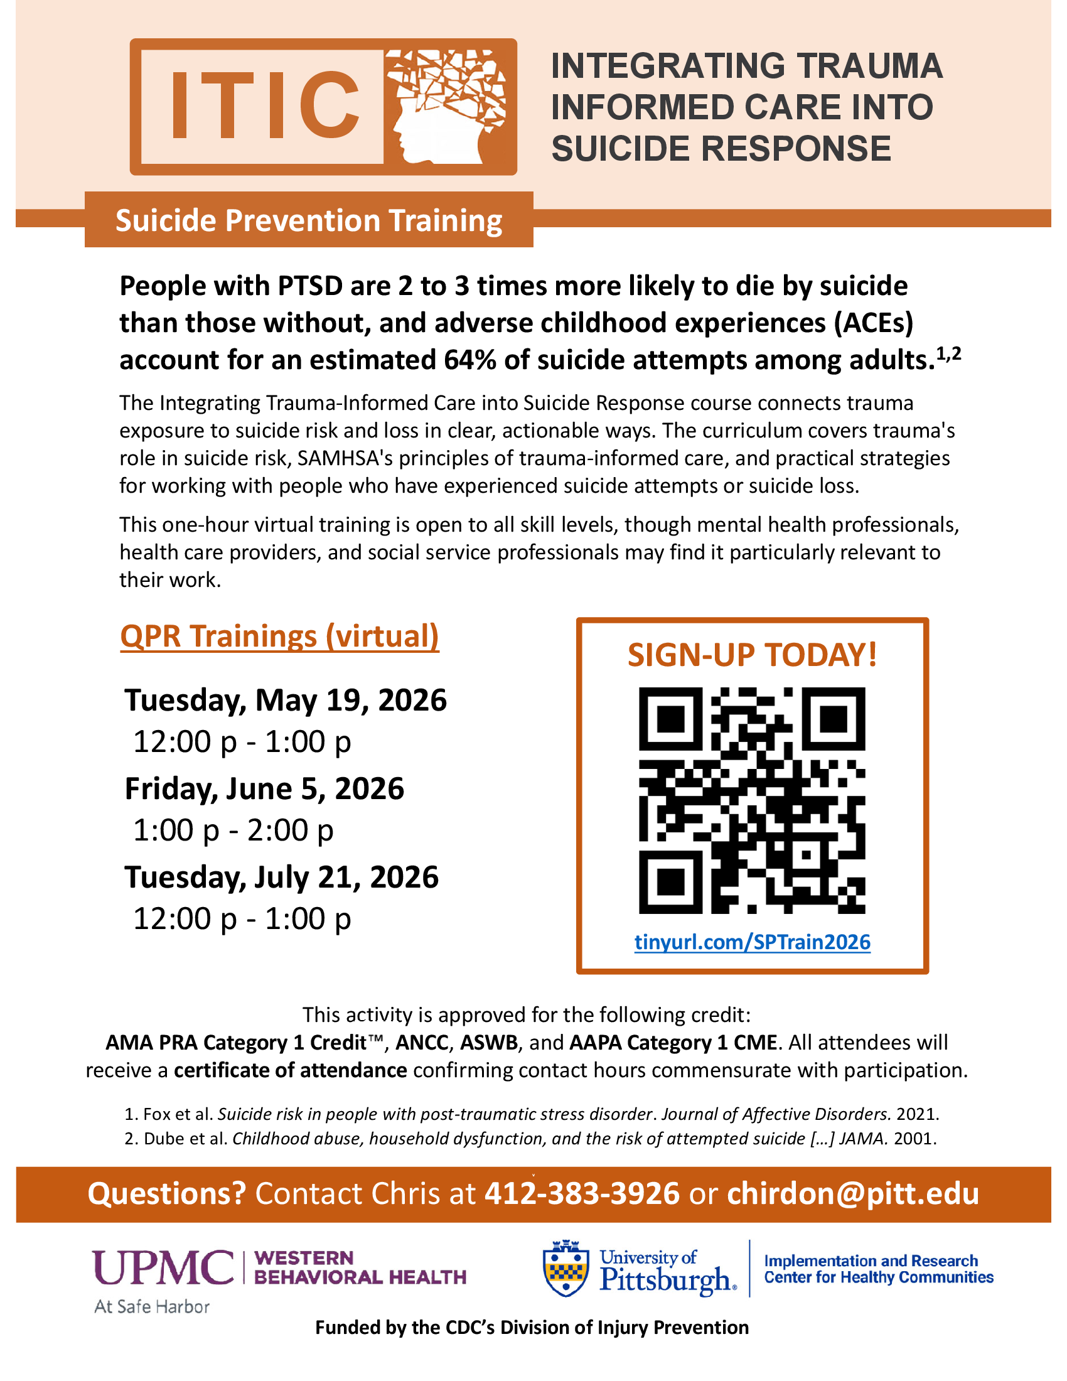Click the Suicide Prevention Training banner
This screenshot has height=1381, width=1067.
[x=308, y=221]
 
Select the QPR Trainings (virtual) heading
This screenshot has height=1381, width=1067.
[x=279, y=636]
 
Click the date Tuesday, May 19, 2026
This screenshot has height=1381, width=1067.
[x=286, y=701]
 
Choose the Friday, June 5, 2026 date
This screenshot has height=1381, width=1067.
[x=264, y=789]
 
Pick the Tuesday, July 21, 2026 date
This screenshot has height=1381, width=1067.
[x=281, y=878]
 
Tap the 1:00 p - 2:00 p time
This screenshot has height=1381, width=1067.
[x=233, y=830]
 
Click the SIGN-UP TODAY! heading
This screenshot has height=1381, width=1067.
[x=752, y=655]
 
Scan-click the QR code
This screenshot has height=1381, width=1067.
[x=752, y=800]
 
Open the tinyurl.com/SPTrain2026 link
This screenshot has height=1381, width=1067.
[x=752, y=942]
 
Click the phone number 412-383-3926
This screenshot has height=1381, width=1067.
[x=582, y=1194]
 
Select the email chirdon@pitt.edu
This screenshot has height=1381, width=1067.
[x=853, y=1194]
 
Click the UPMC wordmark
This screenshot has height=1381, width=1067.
[x=163, y=1268]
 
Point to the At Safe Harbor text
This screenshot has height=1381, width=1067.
[x=152, y=1306]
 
